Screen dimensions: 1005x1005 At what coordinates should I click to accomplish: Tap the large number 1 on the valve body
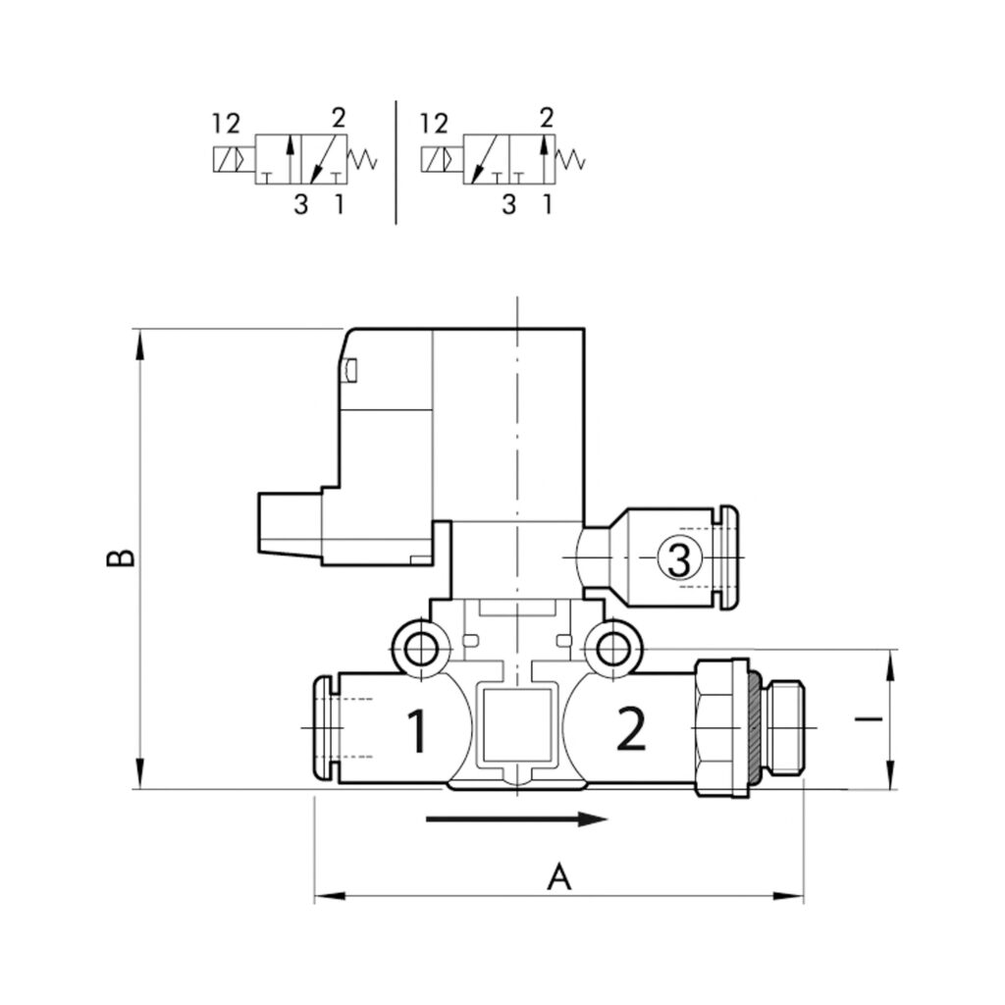click(418, 730)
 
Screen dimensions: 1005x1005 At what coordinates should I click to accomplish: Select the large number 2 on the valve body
click(631, 729)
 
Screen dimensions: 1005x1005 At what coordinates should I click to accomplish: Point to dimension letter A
click(558, 876)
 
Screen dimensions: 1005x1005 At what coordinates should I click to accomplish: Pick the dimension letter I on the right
click(869, 718)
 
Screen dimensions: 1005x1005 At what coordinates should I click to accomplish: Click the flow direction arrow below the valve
click(516, 819)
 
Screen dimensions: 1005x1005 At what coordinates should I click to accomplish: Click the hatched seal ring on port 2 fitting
click(755, 728)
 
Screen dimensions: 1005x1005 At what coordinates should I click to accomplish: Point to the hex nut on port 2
click(721, 728)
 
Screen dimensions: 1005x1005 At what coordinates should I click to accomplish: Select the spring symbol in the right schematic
click(570, 160)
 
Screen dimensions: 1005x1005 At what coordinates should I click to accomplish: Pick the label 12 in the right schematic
click(434, 123)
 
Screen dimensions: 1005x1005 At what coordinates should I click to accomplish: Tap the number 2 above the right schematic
click(546, 118)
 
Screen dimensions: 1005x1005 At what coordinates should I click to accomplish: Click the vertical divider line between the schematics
click(397, 162)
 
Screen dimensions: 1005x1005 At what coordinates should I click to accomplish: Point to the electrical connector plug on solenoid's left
click(291, 523)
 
